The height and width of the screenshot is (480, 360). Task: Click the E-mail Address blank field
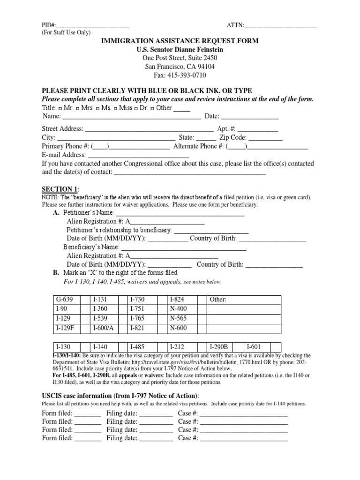point(138,155)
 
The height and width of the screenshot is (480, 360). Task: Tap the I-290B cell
point(218,347)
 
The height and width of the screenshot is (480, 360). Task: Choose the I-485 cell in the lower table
point(139,347)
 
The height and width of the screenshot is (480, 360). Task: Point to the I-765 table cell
point(139,318)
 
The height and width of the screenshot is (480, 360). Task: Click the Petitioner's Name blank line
point(180,213)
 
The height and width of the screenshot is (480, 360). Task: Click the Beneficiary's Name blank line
point(184,247)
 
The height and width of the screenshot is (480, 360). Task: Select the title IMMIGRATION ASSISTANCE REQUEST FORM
point(180,41)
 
